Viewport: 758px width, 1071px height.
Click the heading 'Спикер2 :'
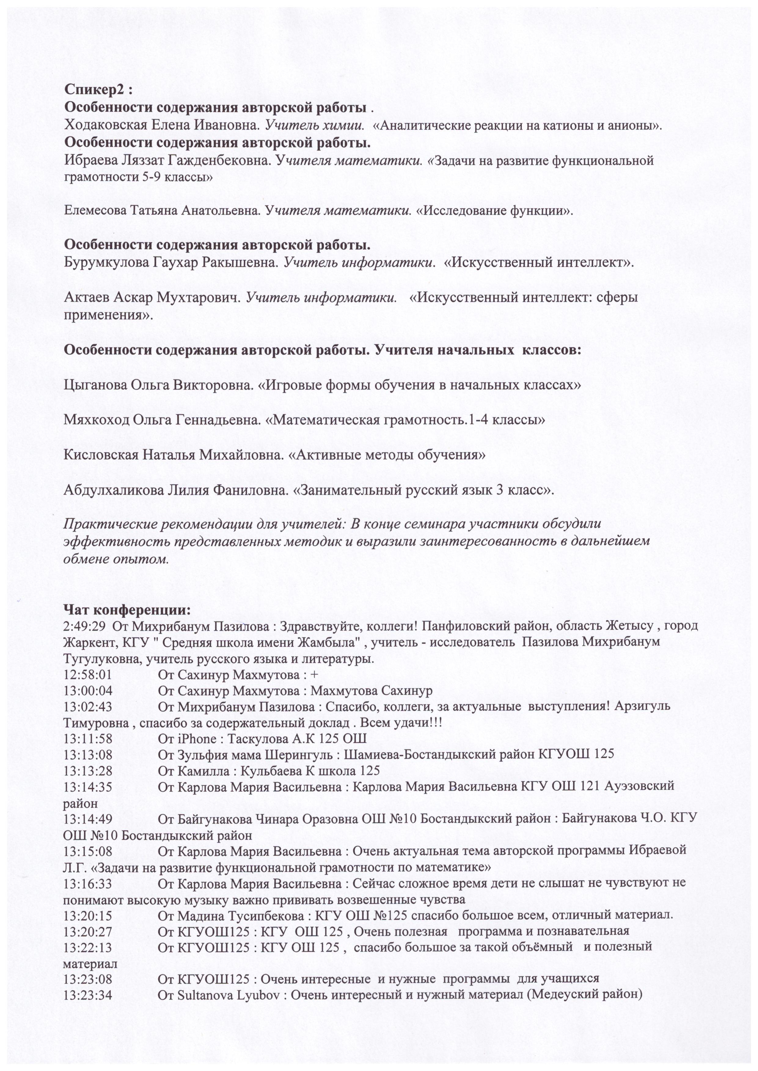tap(98, 89)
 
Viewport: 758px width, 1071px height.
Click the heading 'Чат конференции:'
tap(127, 610)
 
